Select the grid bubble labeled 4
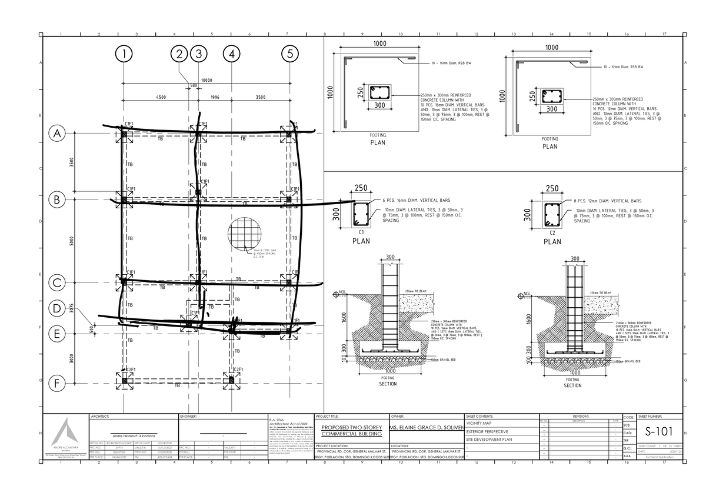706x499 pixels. tap(232, 54)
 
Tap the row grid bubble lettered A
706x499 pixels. tap(58, 134)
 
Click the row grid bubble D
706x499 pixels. tap(58, 308)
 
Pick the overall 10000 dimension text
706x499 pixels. tap(207, 81)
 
